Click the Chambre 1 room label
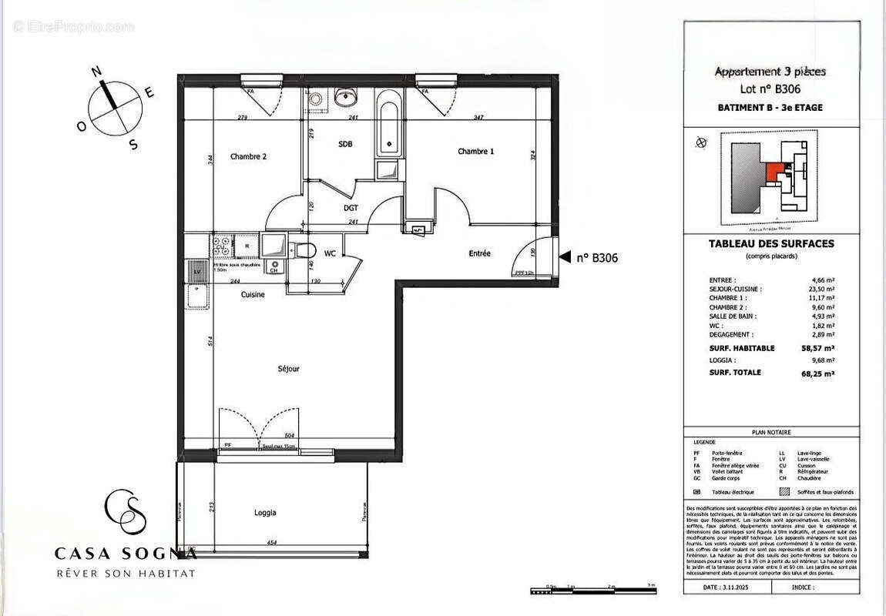click(475, 152)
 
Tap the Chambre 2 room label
click(248, 156)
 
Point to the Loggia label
click(265, 513)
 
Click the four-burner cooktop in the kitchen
click(222, 246)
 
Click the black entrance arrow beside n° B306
click(564, 258)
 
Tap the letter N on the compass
click(97, 72)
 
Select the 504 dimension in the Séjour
click(290, 436)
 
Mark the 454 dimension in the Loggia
click(272, 543)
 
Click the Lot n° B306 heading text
click(770, 89)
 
